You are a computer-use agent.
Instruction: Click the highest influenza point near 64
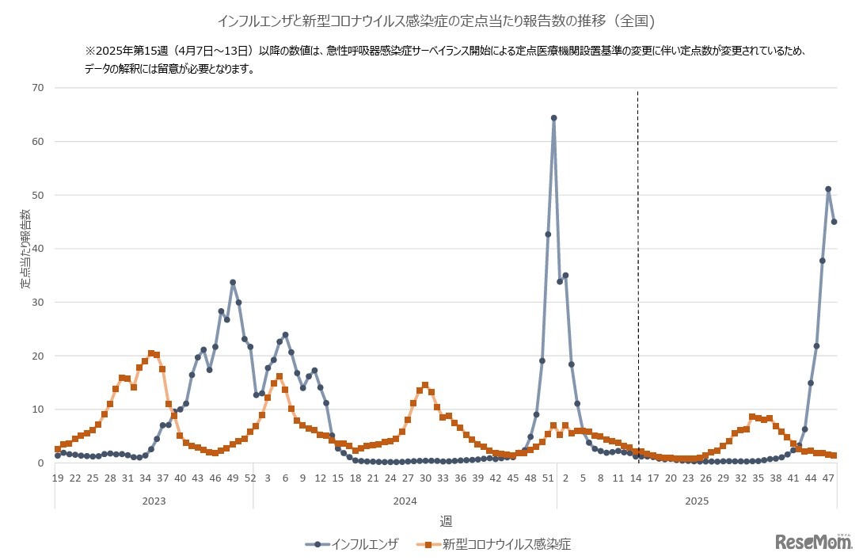[553, 118]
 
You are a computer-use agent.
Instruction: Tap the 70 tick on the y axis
[37, 88]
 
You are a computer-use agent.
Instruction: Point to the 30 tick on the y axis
[37, 303]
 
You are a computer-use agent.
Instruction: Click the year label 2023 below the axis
[154, 501]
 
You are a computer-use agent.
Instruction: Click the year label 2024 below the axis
[405, 501]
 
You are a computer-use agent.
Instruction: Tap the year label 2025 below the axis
[697, 501]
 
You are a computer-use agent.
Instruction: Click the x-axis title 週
[446, 521]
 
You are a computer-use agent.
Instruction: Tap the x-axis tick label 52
[250, 478]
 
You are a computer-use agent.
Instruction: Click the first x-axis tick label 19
[58, 478]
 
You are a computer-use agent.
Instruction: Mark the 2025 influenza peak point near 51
[828, 189]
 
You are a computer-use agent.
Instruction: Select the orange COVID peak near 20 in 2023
[151, 353]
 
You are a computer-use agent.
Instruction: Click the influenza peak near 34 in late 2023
[233, 282]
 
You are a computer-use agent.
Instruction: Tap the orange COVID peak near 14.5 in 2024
[425, 385]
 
